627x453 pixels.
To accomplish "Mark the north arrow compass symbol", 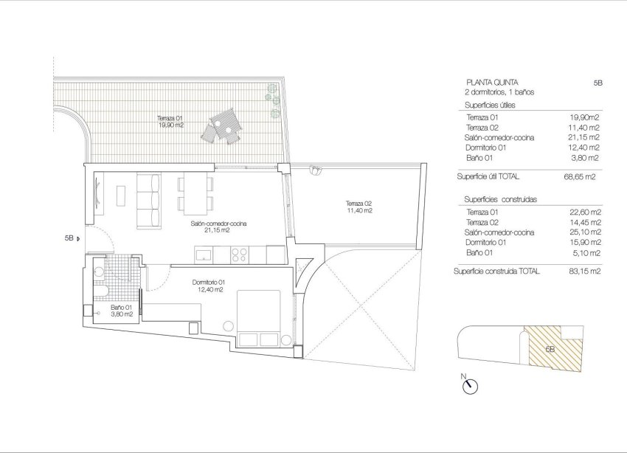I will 470,384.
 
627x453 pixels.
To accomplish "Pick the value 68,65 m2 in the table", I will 579,177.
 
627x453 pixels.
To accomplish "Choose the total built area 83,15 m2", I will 579,272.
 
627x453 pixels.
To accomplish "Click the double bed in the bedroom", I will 258,317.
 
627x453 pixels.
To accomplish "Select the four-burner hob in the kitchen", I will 240,255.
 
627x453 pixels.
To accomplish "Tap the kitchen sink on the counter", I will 203,255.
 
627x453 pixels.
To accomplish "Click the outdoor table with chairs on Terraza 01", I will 224,128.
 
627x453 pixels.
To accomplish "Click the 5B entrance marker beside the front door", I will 71,238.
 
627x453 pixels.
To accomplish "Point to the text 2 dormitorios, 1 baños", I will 499,92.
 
